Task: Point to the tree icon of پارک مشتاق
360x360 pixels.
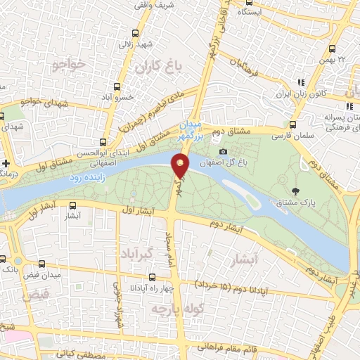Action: point(295,191)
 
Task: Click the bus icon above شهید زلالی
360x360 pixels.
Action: point(136,32)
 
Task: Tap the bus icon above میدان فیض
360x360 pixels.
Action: point(43,264)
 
